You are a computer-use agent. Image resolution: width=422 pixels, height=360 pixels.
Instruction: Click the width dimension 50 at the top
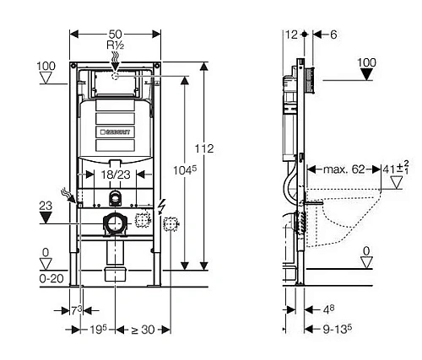(116, 35)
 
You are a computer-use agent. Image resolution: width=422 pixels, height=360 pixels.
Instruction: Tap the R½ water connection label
(116, 45)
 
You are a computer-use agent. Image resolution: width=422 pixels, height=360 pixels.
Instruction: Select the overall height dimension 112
(204, 148)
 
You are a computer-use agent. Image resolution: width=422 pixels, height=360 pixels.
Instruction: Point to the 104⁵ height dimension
(184, 170)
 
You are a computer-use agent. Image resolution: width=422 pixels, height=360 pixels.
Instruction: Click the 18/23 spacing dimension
(116, 175)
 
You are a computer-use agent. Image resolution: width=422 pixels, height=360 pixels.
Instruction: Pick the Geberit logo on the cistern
(116, 132)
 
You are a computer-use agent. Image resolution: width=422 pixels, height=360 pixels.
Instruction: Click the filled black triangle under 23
(46, 218)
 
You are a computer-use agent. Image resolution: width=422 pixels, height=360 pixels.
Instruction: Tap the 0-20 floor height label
(51, 279)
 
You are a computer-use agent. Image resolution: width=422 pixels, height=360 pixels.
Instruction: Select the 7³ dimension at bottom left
(76, 310)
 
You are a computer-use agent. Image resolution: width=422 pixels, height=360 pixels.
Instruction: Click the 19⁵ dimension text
(99, 330)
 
